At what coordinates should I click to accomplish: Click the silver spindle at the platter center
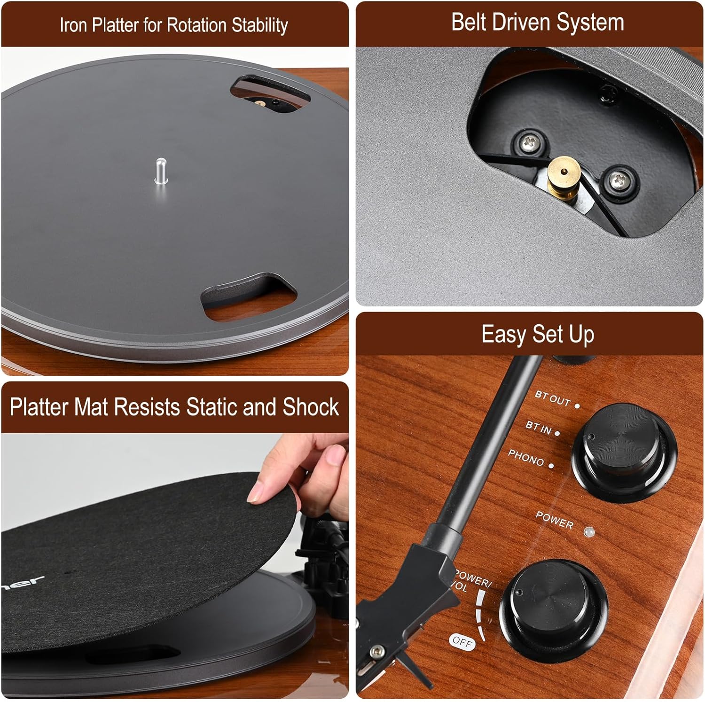(x=161, y=172)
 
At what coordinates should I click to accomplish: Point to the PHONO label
(x=526, y=458)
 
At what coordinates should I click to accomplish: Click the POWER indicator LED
(x=588, y=532)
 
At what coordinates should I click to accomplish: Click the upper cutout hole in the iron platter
(x=270, y=94)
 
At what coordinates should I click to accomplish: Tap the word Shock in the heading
(x=310, y=407)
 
